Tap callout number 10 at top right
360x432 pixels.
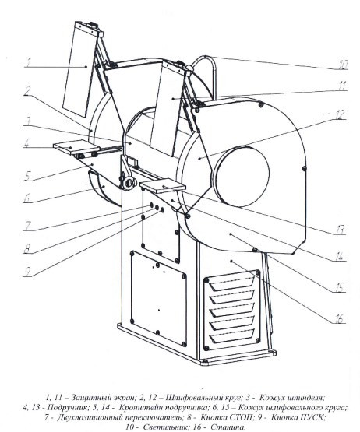pos(343,65)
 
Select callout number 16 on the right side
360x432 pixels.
pos(338,319)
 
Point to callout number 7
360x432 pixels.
pos(28,226)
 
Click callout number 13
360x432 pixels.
pos(341,229)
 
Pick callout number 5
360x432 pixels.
pos(27,176)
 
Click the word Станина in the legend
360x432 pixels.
pos(228,427)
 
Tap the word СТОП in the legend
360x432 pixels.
pos(240,417)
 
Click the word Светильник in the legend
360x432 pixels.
pos(163,427)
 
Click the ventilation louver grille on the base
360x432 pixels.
pos(232,310)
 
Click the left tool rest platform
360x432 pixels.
pos(76,146)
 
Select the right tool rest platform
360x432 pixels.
pos(162,187)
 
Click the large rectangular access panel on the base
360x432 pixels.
pos(158,298)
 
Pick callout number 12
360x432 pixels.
pos(341,114)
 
